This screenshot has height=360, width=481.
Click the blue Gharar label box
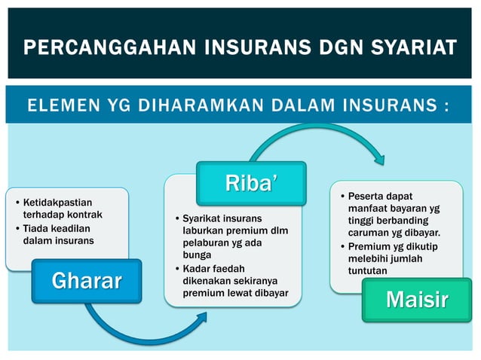(86, 281)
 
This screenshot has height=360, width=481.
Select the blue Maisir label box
(416, 299)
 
